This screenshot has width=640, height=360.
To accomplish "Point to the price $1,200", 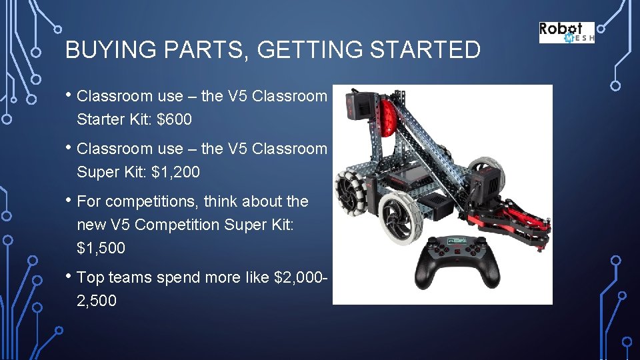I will (x=176, y=172).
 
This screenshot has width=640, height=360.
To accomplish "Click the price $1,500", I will (x=101, y=249).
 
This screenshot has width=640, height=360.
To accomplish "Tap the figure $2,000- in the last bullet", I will (x=299, y=277).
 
